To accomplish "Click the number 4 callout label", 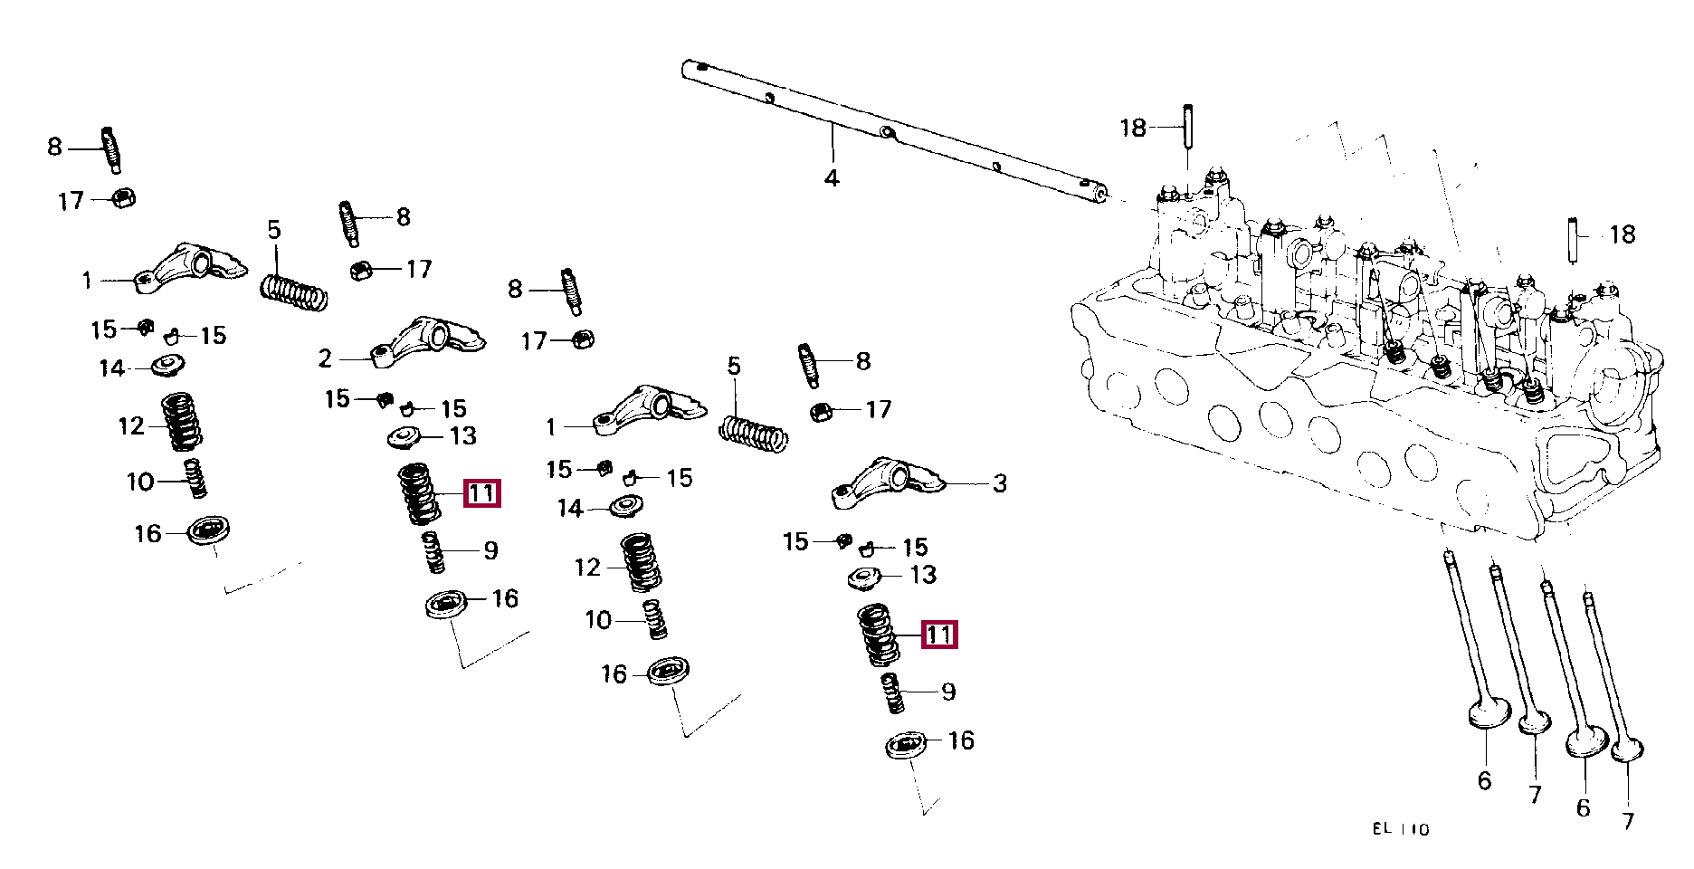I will pos(832,177).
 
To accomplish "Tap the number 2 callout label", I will pos(325,358).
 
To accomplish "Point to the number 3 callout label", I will pos(999,483).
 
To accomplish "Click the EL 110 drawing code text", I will pos(1400,828).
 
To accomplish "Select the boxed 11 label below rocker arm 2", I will pos(481,493).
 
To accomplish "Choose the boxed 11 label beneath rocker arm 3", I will pos(939,635).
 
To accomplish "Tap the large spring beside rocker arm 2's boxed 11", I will pos(419,493).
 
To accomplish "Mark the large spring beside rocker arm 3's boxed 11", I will pos(877,635).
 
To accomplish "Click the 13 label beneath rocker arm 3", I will pos(923,575).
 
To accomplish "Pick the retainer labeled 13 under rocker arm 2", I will pos(404,437).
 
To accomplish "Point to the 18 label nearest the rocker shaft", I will pos(1133,128).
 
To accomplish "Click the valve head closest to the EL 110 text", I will pos(1488,712).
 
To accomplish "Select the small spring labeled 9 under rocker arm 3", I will pos(892,692).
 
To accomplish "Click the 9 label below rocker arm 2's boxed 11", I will pos(490,550).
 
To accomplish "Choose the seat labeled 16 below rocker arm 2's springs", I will pos(446,604).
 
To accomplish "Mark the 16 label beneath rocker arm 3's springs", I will pos(961,740).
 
